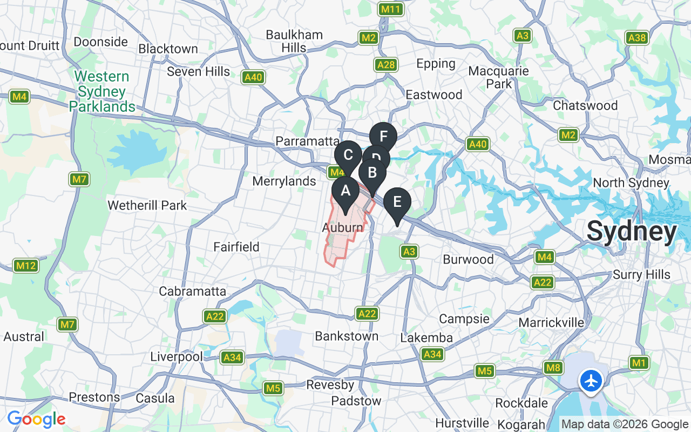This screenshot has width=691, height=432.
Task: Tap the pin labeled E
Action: point(397,203)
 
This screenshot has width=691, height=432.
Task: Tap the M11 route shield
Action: point(390,9)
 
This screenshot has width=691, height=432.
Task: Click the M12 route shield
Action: point(25,266)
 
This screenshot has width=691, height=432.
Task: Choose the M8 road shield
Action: point(553,368)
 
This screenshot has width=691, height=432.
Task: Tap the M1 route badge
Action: point(639,363)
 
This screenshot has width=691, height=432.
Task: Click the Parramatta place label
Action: point(307,141)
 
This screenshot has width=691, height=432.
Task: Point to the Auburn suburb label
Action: point(343,228)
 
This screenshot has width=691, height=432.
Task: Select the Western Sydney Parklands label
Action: point(102,92)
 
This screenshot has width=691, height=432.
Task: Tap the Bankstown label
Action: point(347,336)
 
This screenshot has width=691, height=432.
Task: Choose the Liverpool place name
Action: point(176,357)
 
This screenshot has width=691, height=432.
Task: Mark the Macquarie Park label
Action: point(499,77)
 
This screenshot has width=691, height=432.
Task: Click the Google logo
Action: point(36,419)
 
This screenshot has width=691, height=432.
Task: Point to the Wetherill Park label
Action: point(147,205)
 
